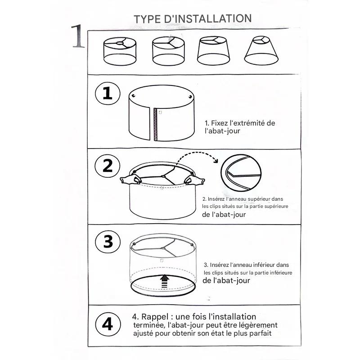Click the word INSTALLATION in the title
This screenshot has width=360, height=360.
click(x=213, y=18)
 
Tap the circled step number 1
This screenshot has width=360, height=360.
click(x=108, y=93)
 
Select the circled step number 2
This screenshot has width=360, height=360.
click(x=108, y=166)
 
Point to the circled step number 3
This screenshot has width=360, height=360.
click(x=108, y=242)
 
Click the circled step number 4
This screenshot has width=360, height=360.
click(x=108, y=324)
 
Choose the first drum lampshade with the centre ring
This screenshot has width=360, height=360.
click(x=120, y=51)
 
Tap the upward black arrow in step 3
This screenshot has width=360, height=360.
click(x=164, y=281)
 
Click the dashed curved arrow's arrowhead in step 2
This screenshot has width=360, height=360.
click(x=216, y=160)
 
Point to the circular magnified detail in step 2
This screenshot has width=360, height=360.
click(x=241, y=173)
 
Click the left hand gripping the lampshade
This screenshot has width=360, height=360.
click(x=130, y=179)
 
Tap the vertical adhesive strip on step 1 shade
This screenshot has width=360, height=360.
click(x=155, y=124)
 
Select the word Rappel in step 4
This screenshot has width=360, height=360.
click(x=155, y=317)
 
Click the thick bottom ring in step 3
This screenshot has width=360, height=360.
click(x=163, y=296)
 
